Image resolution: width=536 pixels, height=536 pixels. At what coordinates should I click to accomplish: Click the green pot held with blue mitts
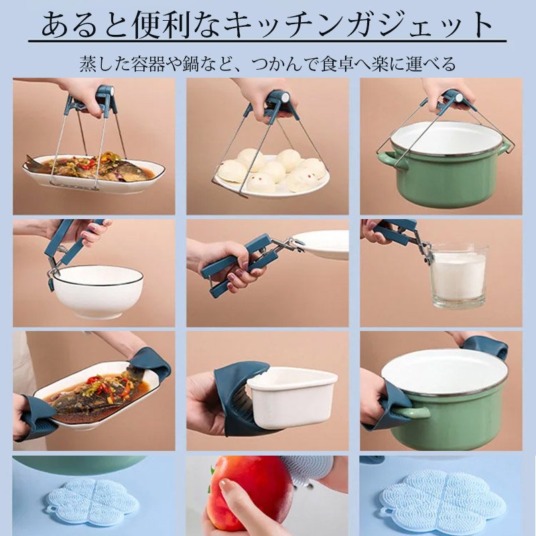coord(446,395)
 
